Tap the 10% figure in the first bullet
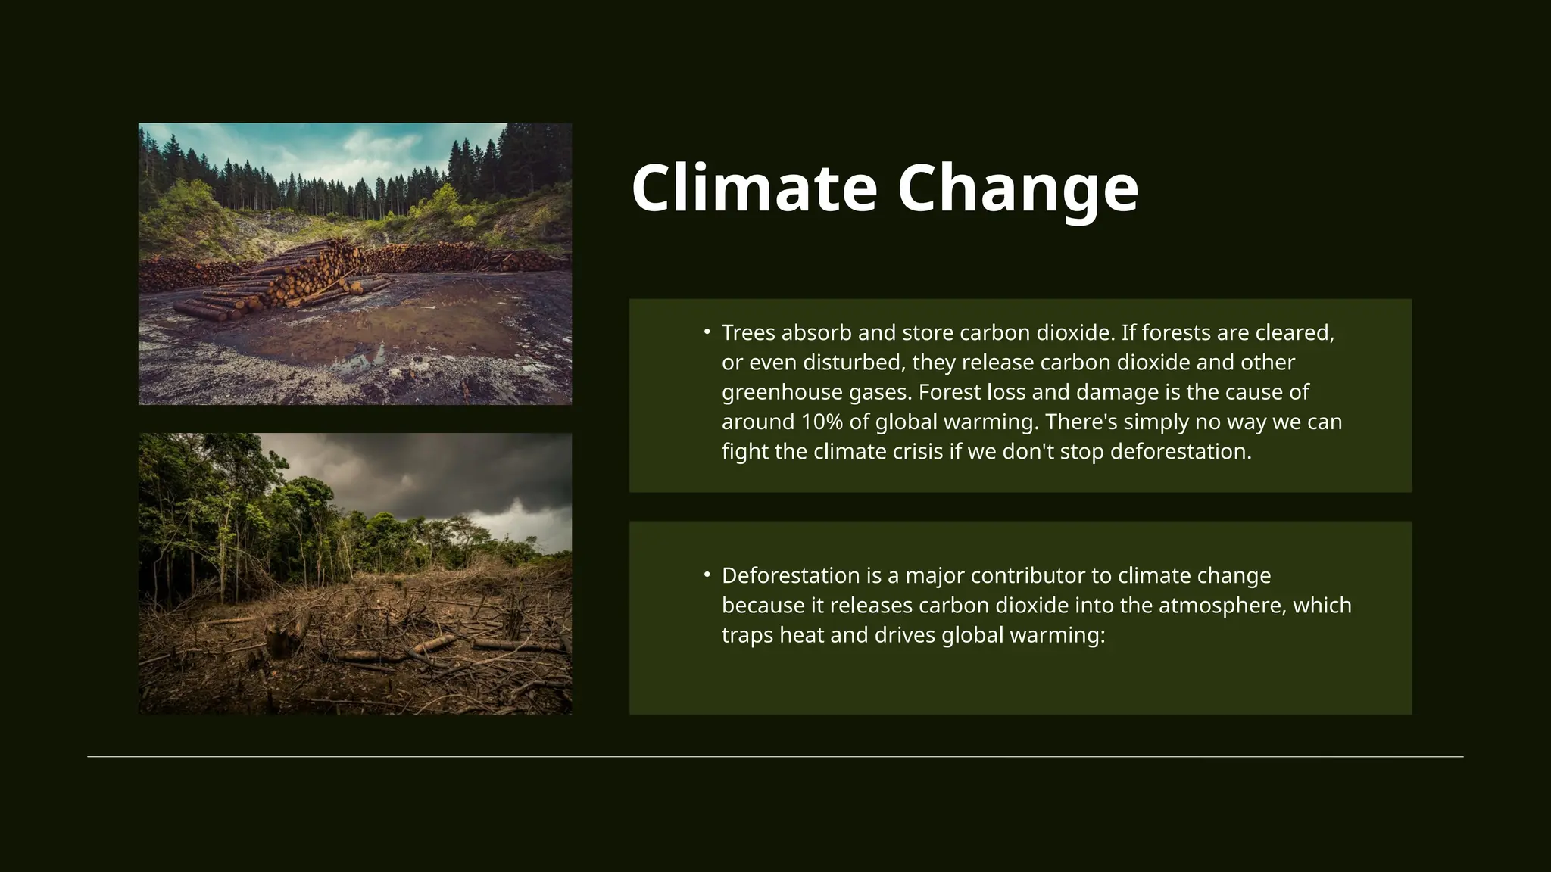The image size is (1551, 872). click(x=821, y=422)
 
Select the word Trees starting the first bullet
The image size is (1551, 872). click(x=748, y=332)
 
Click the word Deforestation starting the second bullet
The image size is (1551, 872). click(x=790, y=575)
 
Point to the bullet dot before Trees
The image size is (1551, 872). click(x=707, y=332)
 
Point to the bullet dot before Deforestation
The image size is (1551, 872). click(x=707, y=575)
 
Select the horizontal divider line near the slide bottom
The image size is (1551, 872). click(x=775, y=756)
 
